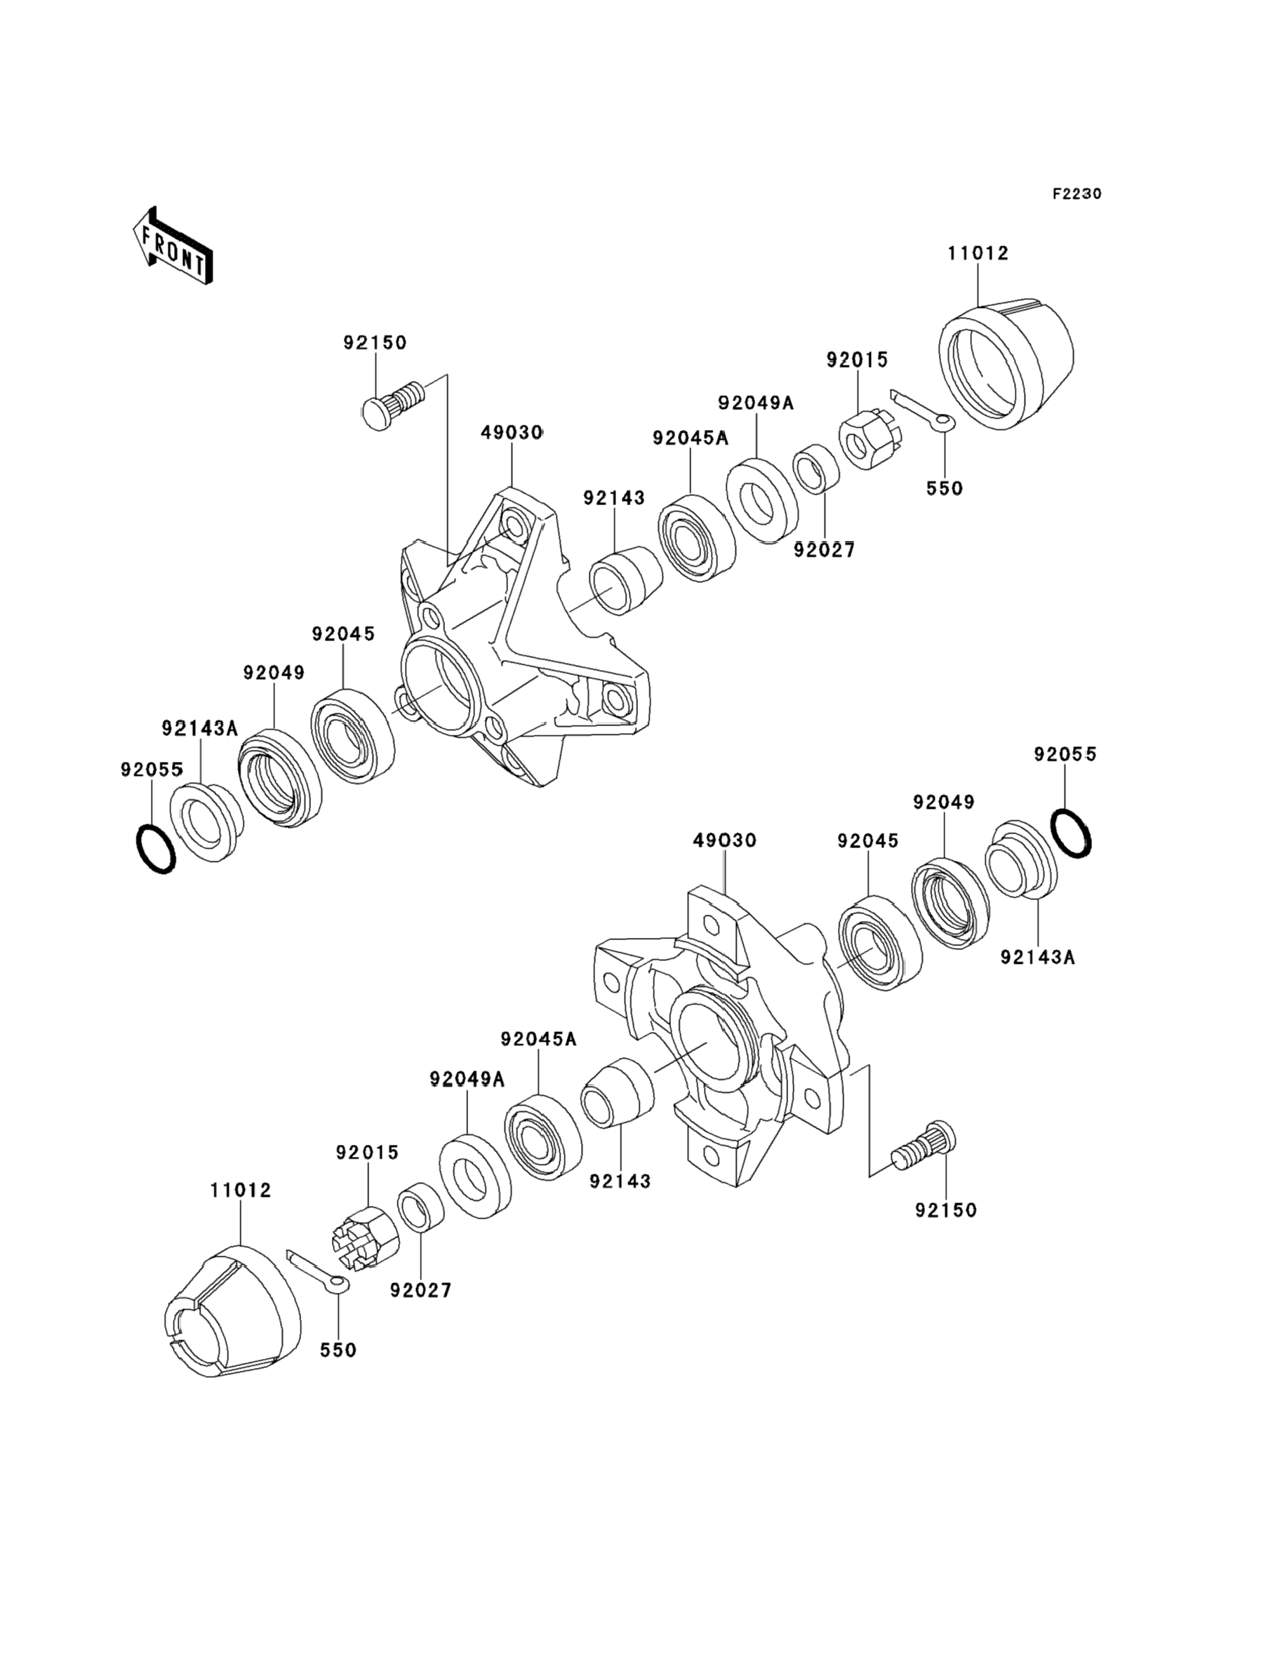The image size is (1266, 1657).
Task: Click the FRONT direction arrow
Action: pos(173,246)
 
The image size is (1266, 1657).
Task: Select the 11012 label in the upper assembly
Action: pos(978,254)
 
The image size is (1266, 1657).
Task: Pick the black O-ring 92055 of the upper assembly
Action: pos(156,849)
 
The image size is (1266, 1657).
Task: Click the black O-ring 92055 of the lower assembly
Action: pos(1070,833)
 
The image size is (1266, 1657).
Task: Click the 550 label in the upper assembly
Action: pos(944,489)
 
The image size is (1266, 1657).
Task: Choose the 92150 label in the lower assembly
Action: pos(946,1210)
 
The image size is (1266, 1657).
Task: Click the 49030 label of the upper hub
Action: pos(512,433)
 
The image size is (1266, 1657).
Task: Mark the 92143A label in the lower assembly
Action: pos(1038,958)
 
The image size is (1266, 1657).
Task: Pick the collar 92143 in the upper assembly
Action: pos(625,580)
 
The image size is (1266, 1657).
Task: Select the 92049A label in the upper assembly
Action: pos(756,403)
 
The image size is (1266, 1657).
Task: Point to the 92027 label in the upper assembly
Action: pos(825,551)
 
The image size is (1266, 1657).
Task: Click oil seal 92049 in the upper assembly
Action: pos(279,777)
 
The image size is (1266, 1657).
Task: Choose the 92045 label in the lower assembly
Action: pos(868,841)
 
